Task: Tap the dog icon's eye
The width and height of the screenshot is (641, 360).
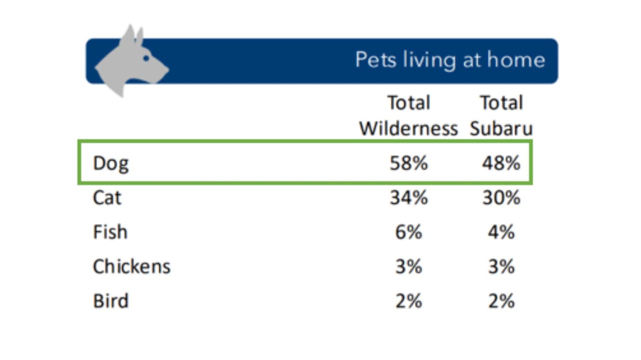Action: point(146,58)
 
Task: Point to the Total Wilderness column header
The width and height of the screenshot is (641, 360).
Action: point(408,116)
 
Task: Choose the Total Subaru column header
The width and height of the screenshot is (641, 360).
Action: point(501,116)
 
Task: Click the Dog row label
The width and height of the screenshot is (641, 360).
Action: point(111,164)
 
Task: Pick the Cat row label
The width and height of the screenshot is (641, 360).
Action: point(107,198)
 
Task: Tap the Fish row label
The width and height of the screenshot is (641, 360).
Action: point(110,232)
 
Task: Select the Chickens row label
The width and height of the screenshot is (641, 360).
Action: point(132,267)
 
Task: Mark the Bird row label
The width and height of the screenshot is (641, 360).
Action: point(111,301)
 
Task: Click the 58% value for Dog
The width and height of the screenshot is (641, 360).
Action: point(409,163)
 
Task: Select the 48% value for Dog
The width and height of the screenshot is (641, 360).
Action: point(501,163)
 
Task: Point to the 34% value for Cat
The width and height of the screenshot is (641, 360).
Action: point(409,198)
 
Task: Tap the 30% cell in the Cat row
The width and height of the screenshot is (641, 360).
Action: point(501,198)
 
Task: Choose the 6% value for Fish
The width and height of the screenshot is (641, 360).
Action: point(409,232)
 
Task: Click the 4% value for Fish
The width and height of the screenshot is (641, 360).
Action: point(501,232)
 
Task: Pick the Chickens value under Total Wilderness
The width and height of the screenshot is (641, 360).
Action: point(409,267)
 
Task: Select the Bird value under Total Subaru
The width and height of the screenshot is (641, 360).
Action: point(501,301)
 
